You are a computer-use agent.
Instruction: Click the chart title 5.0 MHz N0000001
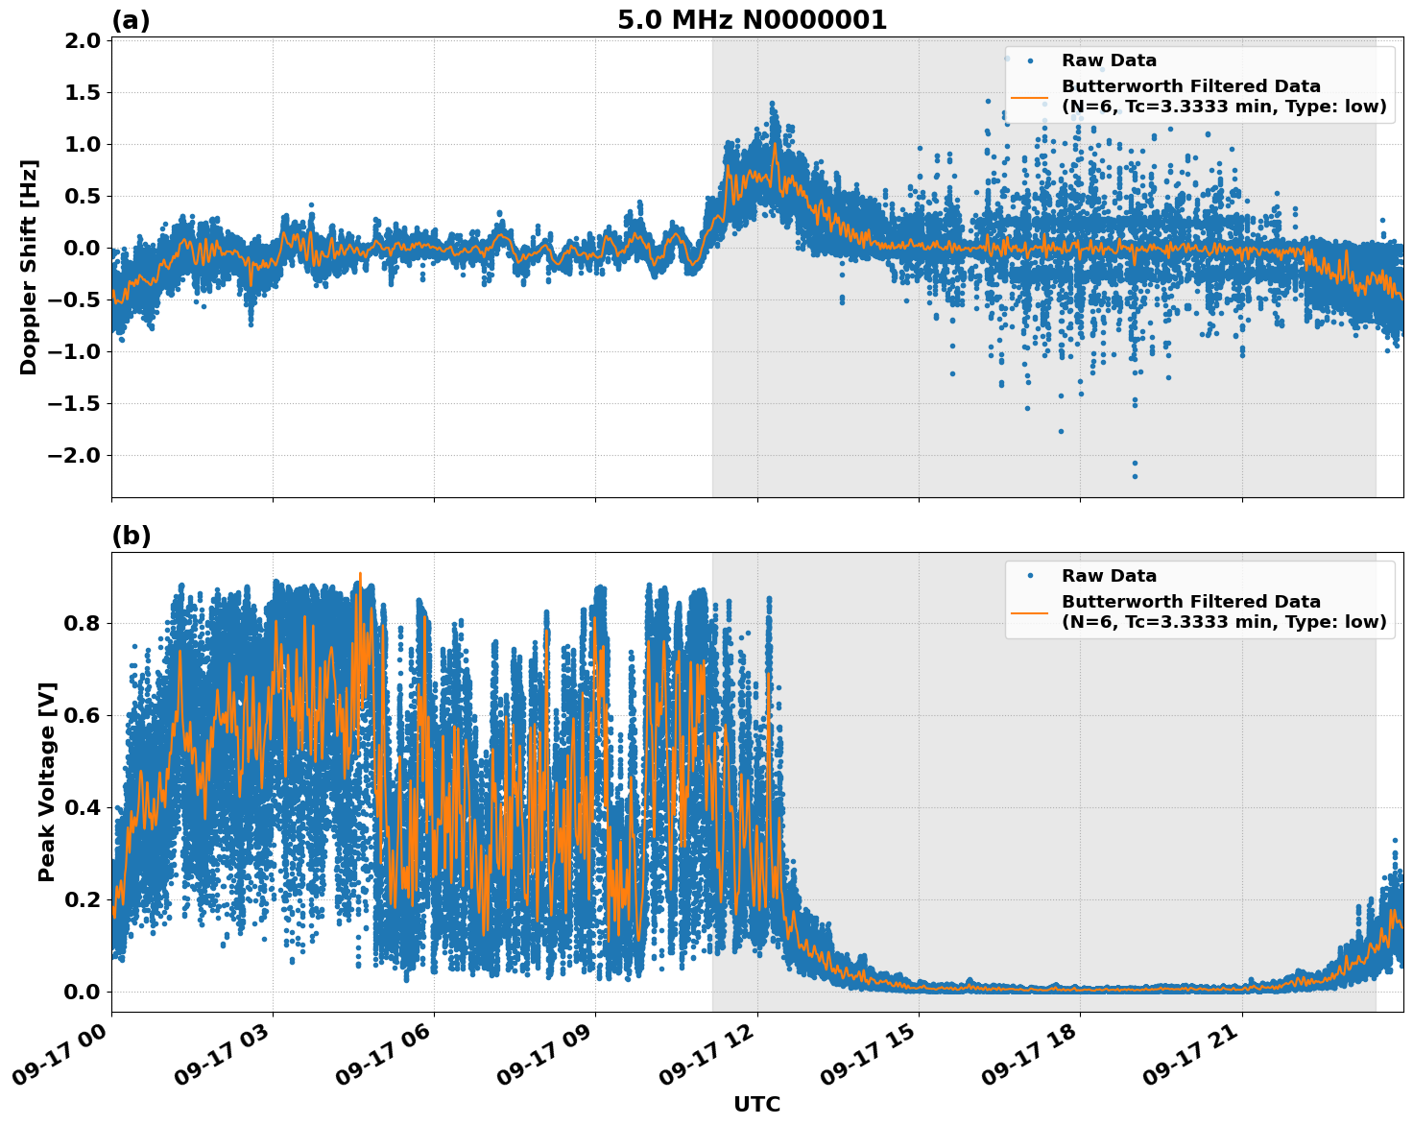coord(752,20)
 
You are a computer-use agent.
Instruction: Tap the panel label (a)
coord(131,20)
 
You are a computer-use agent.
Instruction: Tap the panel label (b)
coord(131,536)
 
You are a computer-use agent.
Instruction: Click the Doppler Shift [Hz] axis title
coord(29,267)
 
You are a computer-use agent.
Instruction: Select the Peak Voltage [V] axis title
coord(47,781)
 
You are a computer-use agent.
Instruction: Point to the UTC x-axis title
coord(756,1104)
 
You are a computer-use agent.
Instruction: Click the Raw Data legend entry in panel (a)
coord(1109,60)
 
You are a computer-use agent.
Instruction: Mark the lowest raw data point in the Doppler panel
coord(1134,476)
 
